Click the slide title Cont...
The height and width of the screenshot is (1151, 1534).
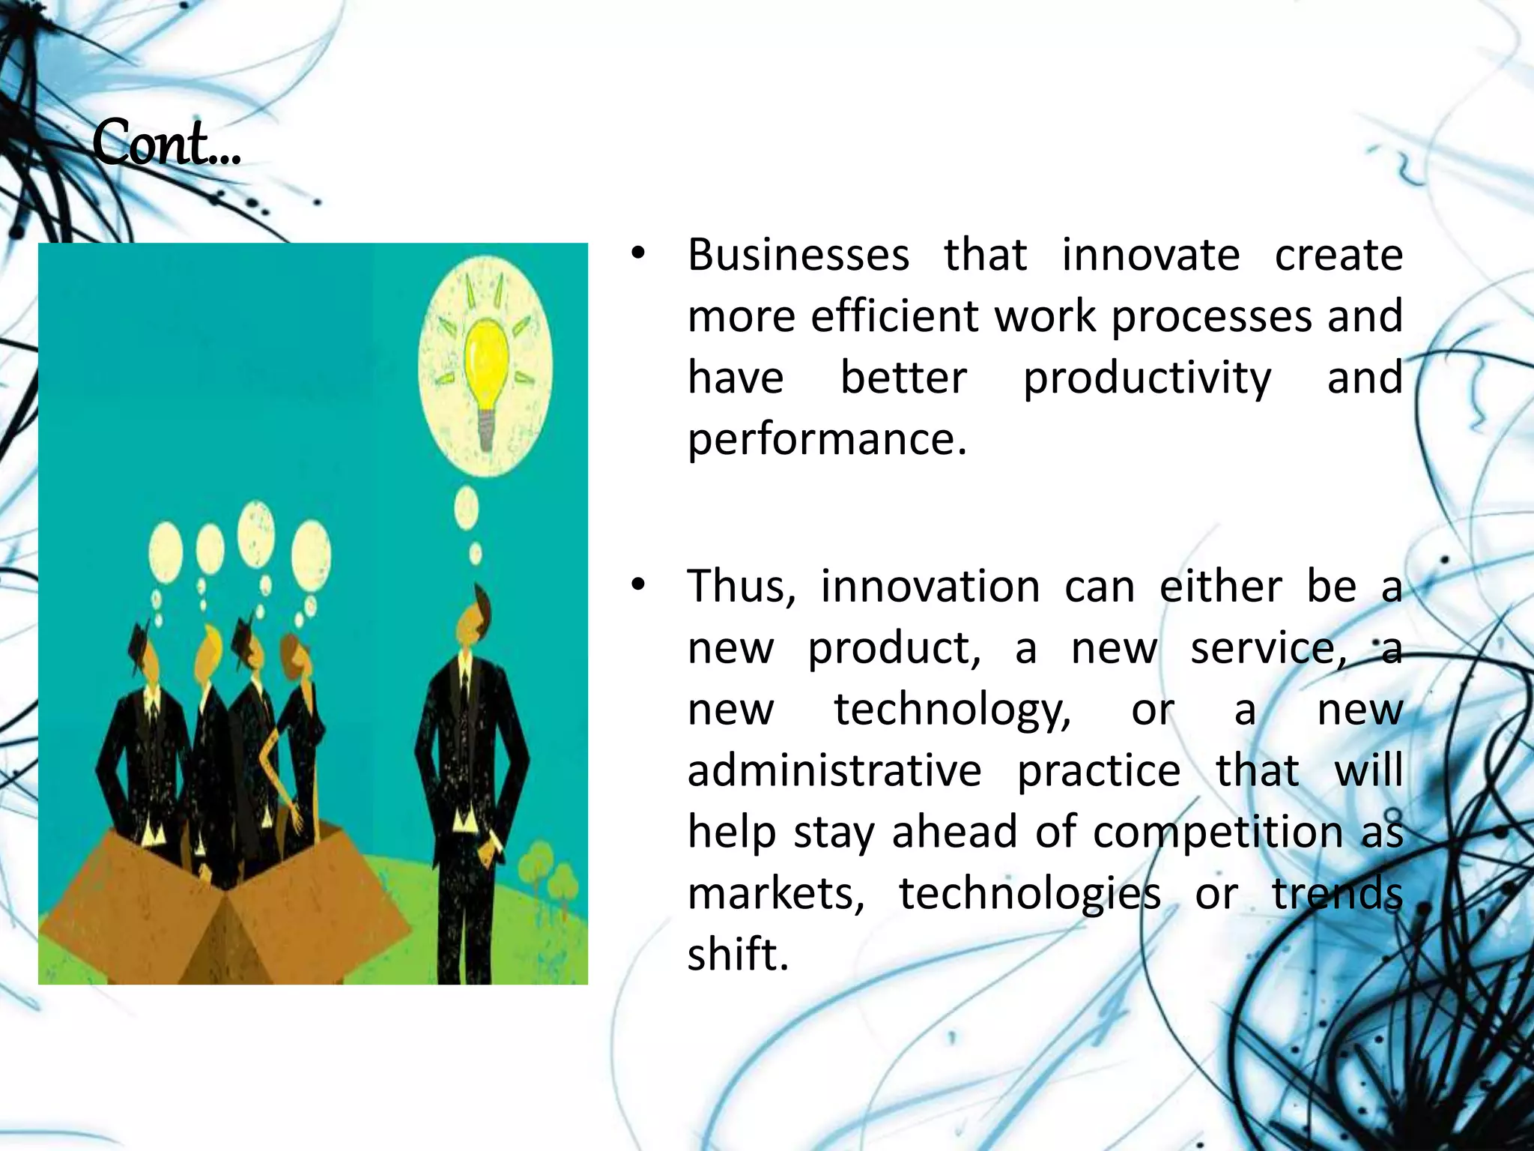pos(166,143)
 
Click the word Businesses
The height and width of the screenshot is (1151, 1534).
pos(798,255)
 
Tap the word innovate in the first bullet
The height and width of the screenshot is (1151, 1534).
pos(1150,255)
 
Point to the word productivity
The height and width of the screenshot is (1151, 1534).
pos(1147,378)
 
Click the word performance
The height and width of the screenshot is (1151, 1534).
pos(827,439)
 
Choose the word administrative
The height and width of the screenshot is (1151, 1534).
pos(834,770)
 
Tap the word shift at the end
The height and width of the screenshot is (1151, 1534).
pos(738,955)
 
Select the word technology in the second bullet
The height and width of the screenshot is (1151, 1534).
pos(953,709)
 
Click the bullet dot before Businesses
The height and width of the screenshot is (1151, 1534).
pos(637,256)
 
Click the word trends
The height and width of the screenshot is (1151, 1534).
pos(1337,893)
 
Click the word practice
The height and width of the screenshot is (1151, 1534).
pos(1098,770)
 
